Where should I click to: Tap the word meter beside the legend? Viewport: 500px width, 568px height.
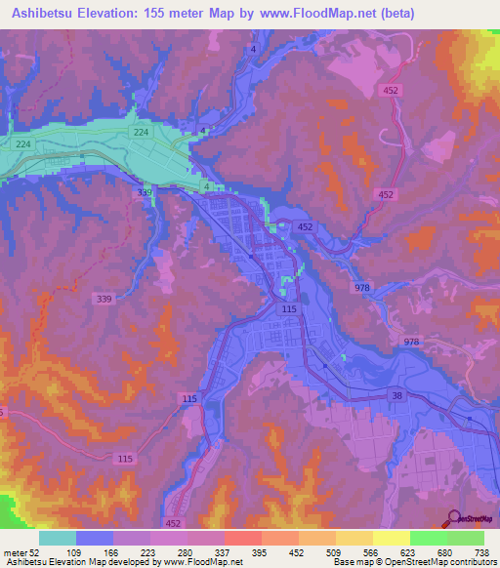(15, 551)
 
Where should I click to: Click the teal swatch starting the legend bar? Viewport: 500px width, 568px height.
(58, 538)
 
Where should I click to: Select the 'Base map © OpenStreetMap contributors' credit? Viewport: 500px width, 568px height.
(413, 562)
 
